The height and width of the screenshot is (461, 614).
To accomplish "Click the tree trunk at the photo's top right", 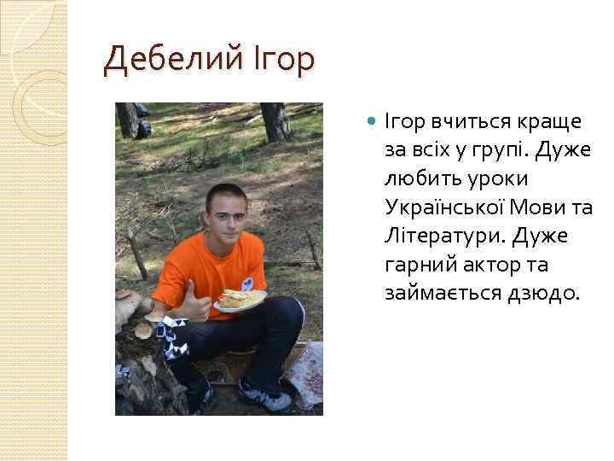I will pos(275,120).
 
